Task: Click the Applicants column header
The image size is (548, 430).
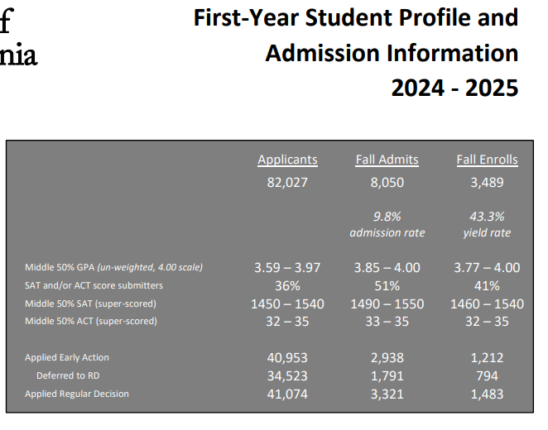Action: point(287,160)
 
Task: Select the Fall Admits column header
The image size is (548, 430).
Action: point(387,160)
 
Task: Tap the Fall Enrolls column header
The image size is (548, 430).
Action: point(487,160)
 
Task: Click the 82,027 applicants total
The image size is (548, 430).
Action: point(287,182)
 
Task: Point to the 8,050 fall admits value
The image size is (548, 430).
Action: point(387,182)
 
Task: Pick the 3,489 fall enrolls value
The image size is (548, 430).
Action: point(487,182)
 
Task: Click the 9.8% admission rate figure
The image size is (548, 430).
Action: point(387,216)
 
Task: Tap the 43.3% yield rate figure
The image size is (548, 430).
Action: point(487,216)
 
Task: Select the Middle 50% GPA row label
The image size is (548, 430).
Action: point(114,267)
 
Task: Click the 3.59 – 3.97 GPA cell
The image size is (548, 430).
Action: point(287,267)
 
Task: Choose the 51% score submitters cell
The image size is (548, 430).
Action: point(387,285)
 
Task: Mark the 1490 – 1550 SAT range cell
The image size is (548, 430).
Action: point(387,303)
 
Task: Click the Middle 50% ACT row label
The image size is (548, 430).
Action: point(91,321)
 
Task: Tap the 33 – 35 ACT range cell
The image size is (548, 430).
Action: point(387,321)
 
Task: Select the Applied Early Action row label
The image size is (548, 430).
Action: point(67,357)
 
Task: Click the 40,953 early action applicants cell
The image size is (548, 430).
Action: point(287,357)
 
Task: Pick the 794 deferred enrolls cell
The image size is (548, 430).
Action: point(487,375)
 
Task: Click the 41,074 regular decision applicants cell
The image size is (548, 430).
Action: point(287,394)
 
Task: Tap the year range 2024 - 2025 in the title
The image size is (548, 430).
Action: point(454,87)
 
